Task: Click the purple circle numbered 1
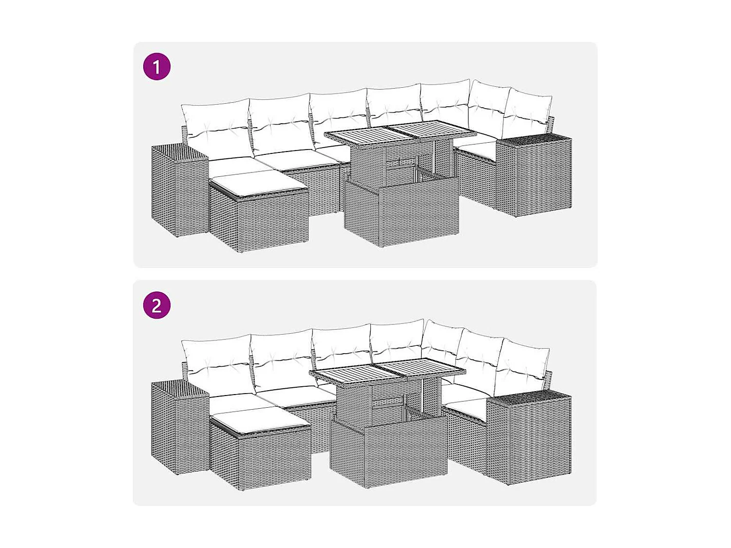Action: click(156, 67)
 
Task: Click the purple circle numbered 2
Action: click(156, 305)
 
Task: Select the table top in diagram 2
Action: click(387, 370)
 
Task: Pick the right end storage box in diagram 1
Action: click(535, 175)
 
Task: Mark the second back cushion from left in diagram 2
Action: click(282, 360)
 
